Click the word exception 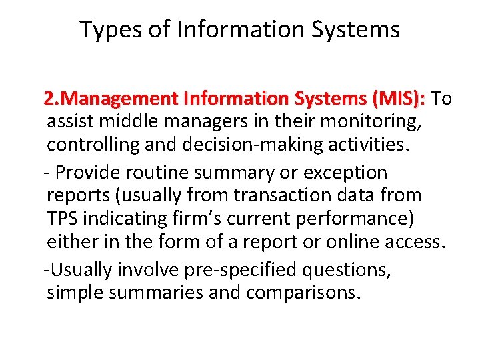[345, 173]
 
